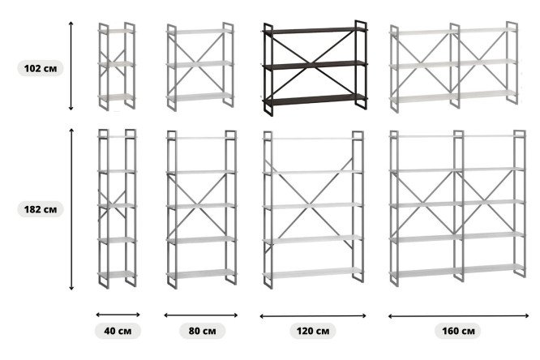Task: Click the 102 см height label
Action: point(41,68)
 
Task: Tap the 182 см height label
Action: point(41,209)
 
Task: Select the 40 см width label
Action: point(118,331)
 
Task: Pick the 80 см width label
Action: point(202,331)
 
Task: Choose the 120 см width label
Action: point(313,331)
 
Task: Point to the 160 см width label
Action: point(458,331)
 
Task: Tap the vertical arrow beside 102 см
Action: point(71,66)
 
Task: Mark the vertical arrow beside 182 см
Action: point(71,209)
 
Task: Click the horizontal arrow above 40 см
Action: point(118,315)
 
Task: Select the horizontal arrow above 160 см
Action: point(458,316)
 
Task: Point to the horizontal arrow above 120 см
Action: point(313,316)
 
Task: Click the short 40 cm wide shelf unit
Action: point(117,66)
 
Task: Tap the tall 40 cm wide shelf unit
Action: point(118,208)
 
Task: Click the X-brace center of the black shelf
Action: point(311,63)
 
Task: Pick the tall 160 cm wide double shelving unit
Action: point(458,208)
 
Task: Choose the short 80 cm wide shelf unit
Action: point(200,66)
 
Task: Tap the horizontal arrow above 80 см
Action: point(201,315)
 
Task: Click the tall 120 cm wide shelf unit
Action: point(313,209)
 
